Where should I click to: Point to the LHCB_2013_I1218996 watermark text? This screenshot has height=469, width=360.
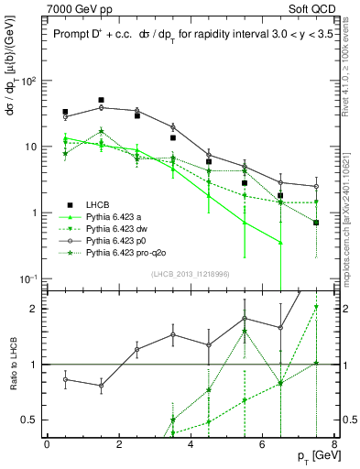(x=190, y=274)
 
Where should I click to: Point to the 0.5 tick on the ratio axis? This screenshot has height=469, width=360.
(x=34, y=420)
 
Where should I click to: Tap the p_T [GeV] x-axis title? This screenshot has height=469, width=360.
(x=311, y=457)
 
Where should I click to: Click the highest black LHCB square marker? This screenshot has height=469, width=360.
(x=101, y=100)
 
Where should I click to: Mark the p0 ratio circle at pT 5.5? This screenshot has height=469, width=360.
(x=245, y=319)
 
